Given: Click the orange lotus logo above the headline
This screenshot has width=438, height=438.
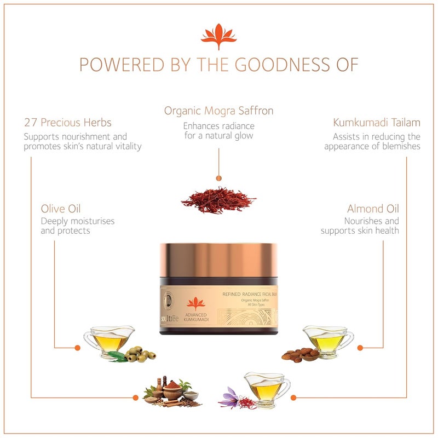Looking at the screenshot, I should click(218, 34).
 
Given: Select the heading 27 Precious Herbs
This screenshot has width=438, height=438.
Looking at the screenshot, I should click(68, 122).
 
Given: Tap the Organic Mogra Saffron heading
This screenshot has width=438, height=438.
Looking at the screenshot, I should click(218, 111).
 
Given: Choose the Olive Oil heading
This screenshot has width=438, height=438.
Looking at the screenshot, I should click(64, 209).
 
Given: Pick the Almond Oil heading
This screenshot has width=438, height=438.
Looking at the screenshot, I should click(373, 209).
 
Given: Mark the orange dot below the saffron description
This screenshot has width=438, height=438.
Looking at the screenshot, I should click(218, 178).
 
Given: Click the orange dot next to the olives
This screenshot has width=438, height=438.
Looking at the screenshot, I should click(77, 347).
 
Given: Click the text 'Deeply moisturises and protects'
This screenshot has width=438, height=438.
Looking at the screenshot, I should click(78, 226).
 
